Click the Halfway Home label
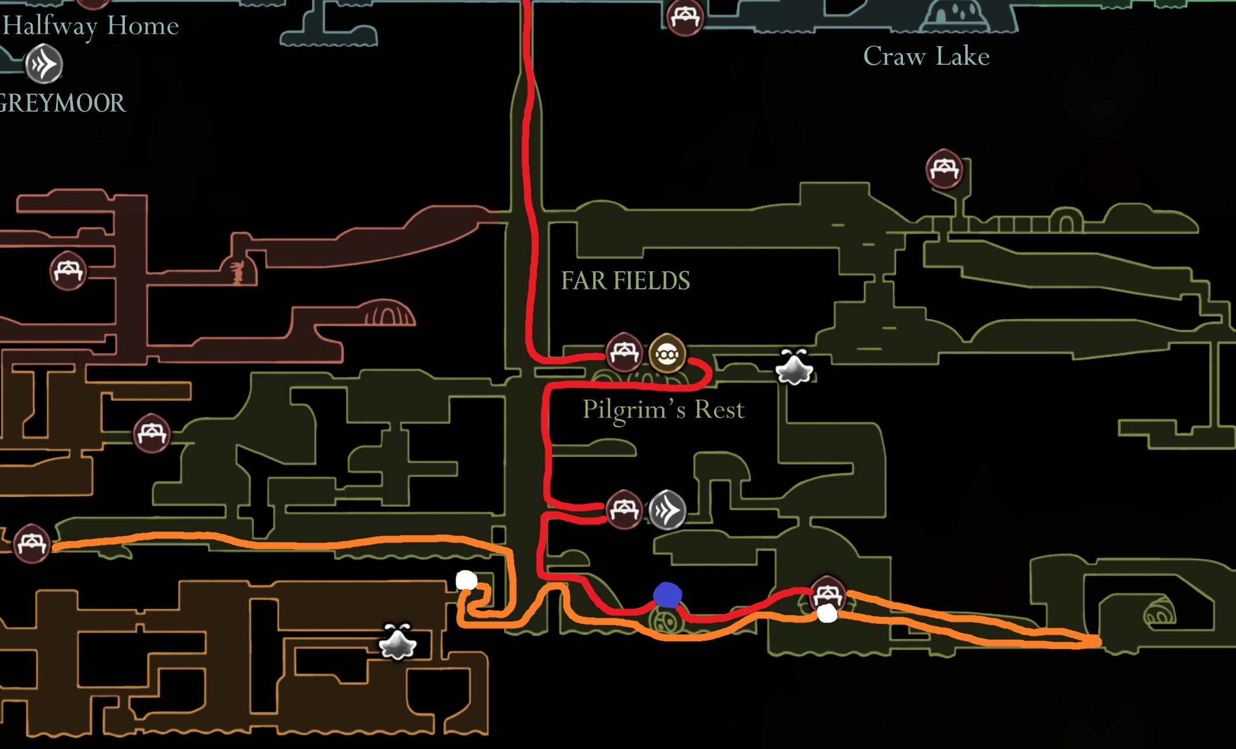tap(90, 26)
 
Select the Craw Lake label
tap(926, 57)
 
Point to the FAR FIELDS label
tap(625, 281)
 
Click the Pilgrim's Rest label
tap(663, 409)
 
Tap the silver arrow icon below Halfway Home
tap(44, 64)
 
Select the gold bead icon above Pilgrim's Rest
tap(667, 353)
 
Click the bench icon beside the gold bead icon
tap(624, 352)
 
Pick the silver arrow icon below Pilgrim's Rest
tap(667, 510)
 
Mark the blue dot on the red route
tap(667, 595)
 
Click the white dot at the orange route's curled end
tap(466, 580)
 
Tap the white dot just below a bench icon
tap(827, 614)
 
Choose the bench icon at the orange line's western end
tap(31, 544)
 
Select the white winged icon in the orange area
tap(398, 643)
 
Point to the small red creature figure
tap(237, 272)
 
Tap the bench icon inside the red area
tap(68, 271)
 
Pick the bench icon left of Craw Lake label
tap(685, 17)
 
